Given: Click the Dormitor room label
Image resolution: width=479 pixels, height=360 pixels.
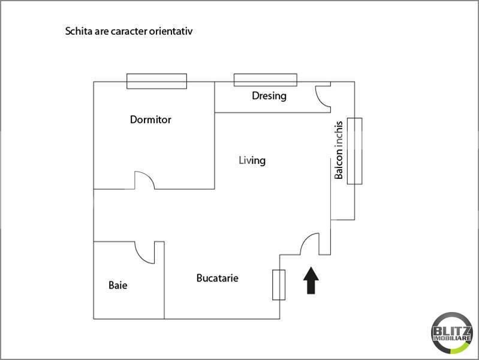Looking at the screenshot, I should point(150,119).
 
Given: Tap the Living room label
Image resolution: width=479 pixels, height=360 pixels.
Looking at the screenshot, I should point(252,160).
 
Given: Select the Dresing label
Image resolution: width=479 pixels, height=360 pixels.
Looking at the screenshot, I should point(269,95).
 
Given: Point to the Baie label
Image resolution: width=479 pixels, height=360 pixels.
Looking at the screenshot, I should point(118,285).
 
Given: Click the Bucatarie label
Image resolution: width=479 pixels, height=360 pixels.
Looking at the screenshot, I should point(217,278).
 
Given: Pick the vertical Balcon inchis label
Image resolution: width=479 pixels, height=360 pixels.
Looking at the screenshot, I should point(339,151).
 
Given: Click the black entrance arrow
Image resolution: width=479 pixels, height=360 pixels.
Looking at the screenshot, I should point(311,281).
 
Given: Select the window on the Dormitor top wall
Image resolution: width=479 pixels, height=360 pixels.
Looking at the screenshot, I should point(156,81).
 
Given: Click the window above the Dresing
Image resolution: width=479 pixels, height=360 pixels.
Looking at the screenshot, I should point(265,79).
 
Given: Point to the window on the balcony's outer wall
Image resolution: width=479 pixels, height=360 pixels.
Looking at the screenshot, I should point(355,151).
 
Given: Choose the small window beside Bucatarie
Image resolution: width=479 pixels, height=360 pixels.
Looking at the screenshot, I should point(279,284).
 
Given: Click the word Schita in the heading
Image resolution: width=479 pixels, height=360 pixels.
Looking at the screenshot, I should point(78,30).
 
